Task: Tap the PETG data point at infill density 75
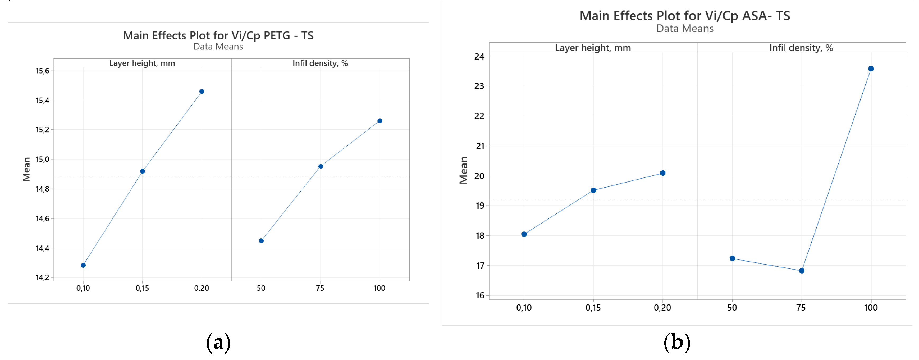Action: click(320, 167)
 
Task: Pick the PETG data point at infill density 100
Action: click(380, 121)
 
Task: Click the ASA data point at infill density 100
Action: click(871, 69)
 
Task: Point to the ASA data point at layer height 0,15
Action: click(593, 190)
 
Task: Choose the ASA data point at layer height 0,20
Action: click(662, 173)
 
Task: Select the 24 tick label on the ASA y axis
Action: click(479, 56)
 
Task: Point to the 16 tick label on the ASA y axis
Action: click(479, 295)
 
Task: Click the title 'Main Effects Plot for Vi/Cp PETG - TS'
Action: click(218, 35)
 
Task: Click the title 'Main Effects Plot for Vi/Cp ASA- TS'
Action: click(685, 16)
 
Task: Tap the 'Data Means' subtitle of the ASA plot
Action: click(685, 29)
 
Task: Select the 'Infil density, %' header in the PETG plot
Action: click(320, 63)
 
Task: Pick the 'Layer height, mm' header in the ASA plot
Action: click(593, 48)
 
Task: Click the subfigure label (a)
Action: click(218, 342)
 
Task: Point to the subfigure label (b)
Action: click(677, 342)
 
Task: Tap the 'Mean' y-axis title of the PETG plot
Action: click(27, 169)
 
